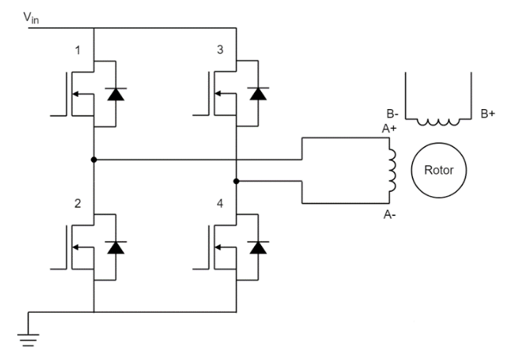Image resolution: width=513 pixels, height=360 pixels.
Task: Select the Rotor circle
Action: (x=437, y=171)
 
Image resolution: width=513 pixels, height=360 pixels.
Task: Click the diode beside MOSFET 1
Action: (x=114, y=94)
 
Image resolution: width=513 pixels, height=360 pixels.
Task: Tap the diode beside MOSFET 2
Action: (x=114, y=247)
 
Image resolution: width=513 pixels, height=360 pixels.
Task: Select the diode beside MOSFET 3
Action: (x=257, y=94)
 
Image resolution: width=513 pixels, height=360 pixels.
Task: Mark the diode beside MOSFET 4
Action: (x=257, y=247)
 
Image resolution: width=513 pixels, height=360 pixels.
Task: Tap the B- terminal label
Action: (x=392, y=112)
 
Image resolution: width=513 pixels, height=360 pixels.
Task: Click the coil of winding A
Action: (x=391, y=172)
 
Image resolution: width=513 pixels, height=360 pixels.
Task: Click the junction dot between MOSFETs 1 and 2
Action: (x=93, y=159)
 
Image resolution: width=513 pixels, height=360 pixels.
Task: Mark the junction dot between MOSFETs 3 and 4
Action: (x=236, y=181)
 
